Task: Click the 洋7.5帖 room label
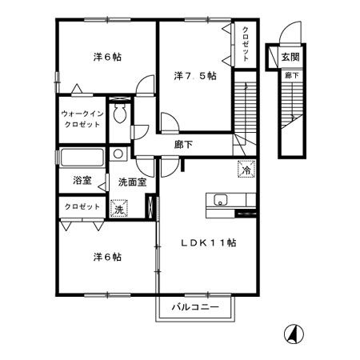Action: [195, 77]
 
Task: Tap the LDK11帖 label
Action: [211, 242]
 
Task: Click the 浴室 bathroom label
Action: [82, 181]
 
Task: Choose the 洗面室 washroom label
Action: [132, 182]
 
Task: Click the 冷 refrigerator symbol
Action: [246, 169]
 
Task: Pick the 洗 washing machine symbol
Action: [118, 209]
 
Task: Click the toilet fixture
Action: [120, 114]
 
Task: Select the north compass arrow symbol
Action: [294, 334]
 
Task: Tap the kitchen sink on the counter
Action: [220, 200]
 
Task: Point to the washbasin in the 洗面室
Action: [118, 154]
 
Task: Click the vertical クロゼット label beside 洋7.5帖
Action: [246, 44]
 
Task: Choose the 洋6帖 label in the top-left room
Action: [106, 56]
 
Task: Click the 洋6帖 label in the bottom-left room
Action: [106, 257]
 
